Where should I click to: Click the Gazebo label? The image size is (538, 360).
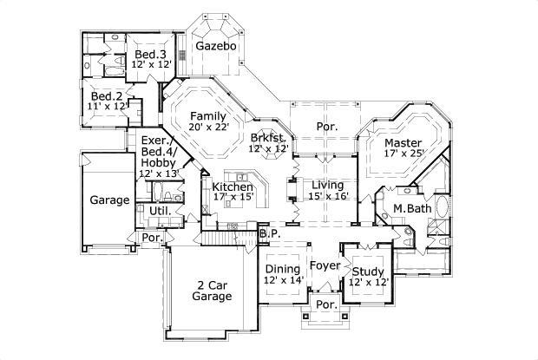[215, 45]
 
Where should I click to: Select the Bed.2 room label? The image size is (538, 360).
[107, 95]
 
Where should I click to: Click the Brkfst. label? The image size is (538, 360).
[268, 137]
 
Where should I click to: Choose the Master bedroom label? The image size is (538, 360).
[403, 143]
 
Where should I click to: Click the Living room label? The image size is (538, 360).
[327, 186]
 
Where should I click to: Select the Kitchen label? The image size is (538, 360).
[233, 187]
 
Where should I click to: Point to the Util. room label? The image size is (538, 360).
[160, 210]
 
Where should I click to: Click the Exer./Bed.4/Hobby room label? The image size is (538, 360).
[157, 151]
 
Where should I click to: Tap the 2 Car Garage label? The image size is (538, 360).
[213, 290]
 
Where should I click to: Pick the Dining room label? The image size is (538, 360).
[282, 269]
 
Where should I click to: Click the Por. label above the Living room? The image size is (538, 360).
[327, 127]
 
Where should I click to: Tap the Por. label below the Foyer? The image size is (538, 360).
[326, 304]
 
